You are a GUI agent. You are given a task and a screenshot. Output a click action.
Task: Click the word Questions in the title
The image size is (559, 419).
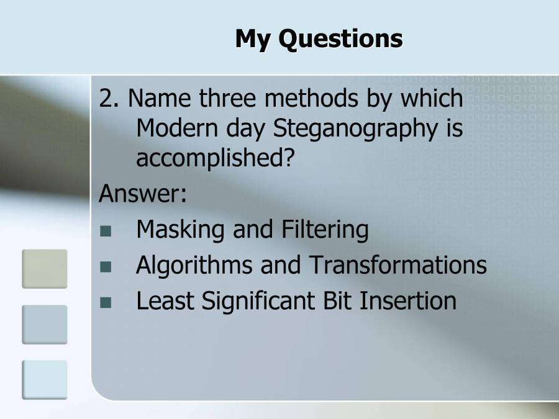[x=340, y=38]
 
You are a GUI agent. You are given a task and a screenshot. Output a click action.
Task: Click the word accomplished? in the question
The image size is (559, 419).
[x=214, y=158]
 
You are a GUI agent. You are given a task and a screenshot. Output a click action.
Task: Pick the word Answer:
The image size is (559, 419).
[x=143, y=194]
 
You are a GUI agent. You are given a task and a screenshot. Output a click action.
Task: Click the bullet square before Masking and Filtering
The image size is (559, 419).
[x=106, y=232]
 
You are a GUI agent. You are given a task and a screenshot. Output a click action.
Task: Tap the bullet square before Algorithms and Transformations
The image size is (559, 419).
[x=106, y=268]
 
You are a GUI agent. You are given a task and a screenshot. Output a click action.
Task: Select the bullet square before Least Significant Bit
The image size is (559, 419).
[x=106, y=303]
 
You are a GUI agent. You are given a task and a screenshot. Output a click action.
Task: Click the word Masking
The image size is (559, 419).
[x=181, y=230]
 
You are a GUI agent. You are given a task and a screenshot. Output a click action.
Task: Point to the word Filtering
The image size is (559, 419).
[x=325, y=230]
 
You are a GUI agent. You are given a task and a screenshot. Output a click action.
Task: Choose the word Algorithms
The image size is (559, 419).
[x=194, y=266]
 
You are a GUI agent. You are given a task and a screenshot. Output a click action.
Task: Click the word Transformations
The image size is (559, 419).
[x=398, y=266]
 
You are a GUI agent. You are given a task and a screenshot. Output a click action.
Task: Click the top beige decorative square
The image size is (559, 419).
[x=45, y=269]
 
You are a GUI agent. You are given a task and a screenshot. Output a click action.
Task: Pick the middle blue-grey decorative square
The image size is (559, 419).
[x=45, y=324]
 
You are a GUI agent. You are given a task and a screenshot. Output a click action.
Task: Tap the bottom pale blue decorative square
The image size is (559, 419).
[x=45, y=379]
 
